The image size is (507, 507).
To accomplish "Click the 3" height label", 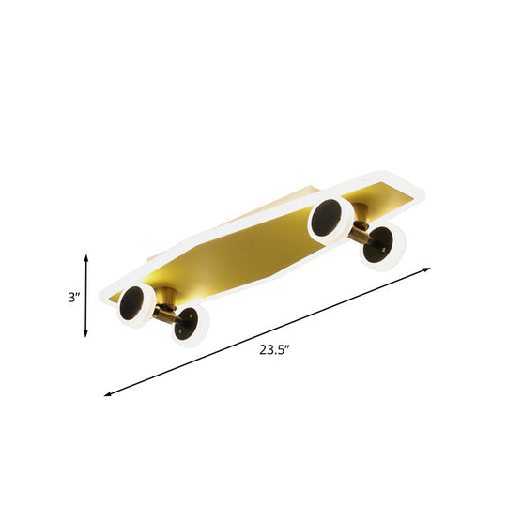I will (73, 298).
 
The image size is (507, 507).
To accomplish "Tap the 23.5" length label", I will (273, 350).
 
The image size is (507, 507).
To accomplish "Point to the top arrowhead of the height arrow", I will (87, 256).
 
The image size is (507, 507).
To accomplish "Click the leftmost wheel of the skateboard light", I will (135, 306).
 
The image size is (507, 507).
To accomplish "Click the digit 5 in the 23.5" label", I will (279, 350).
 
